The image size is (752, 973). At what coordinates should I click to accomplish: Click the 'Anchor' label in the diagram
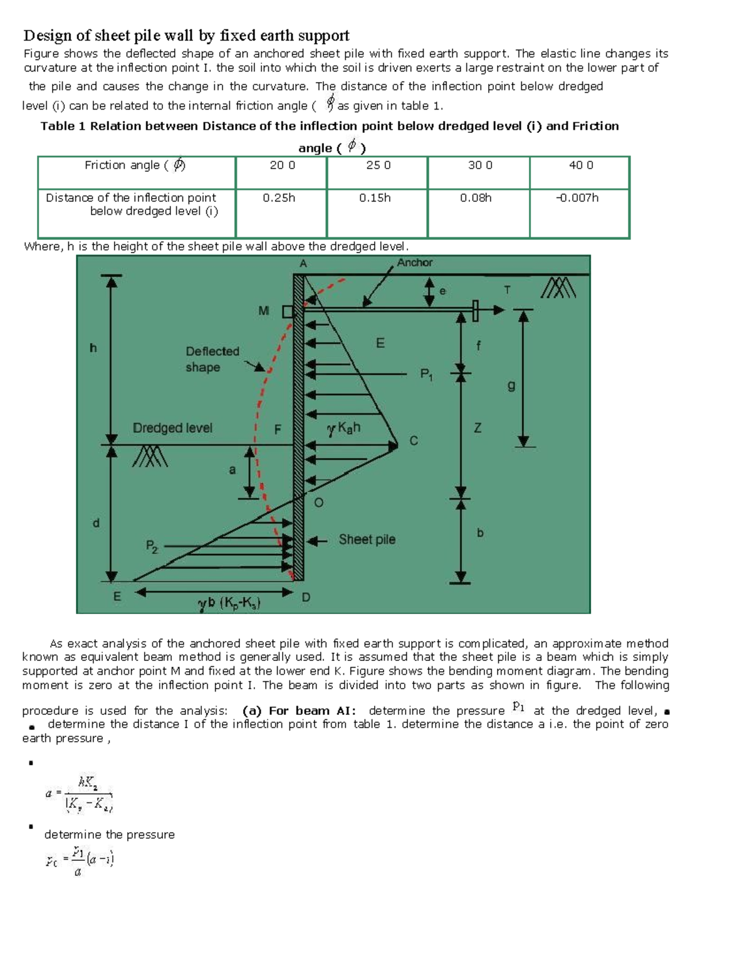[x=414, y=263]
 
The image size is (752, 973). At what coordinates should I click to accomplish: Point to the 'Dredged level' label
[x=172, y=428]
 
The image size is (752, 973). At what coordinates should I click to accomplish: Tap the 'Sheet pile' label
[x=367, y=539]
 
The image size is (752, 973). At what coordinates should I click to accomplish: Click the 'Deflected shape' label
[x=212, y=359]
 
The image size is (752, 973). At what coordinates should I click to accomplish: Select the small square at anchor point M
[x=288, y=311]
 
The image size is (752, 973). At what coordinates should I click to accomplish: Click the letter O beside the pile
[x=318, y=502]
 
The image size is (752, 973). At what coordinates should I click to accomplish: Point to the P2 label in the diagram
[x=152, y=546]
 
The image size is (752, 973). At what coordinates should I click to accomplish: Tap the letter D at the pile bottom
[x=306, y=597]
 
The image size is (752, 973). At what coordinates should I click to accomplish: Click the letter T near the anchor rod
[x=507, y=290]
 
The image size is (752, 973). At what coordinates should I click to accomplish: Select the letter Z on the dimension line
[x=478, y=428]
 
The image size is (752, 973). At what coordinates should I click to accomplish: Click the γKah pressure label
[x=343, y=429]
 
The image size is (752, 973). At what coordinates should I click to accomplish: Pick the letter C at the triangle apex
[x=413, y=441]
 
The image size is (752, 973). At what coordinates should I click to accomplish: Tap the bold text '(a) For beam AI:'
[x=300, y=710]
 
